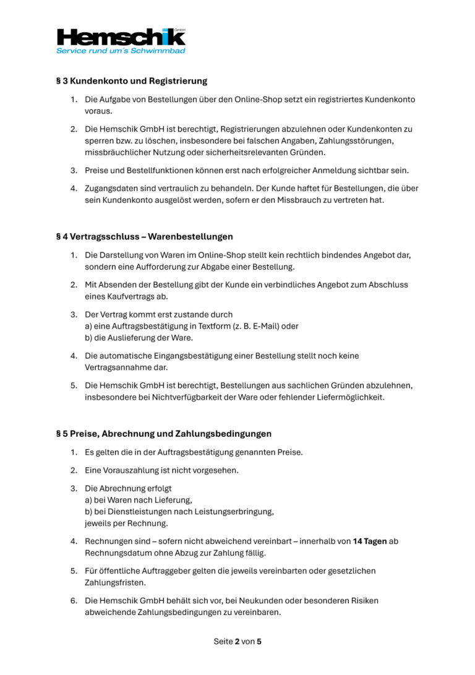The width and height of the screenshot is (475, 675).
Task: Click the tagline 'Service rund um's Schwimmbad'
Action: point(121,51)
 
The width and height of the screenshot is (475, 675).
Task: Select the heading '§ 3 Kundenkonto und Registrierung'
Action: point(131,81)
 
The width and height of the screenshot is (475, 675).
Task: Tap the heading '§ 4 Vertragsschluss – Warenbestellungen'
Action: point(144,236)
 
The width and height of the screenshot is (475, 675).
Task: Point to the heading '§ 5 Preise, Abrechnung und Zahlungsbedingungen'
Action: point(163,434)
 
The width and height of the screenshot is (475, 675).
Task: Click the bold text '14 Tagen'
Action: point(370,541)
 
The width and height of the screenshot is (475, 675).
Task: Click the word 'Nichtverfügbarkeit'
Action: point(178,397)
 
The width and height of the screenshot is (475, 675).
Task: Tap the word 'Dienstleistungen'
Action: point(127,512)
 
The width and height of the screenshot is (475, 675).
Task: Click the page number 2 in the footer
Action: point(237,642)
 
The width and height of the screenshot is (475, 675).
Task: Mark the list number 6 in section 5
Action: point(73,601)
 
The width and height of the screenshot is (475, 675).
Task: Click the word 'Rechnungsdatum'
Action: point(115,553)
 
